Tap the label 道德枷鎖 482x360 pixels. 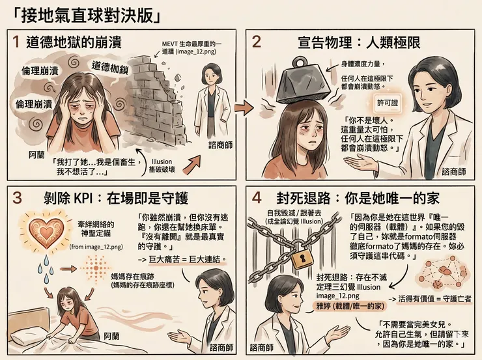(109, 67)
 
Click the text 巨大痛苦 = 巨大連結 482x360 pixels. (186, 259)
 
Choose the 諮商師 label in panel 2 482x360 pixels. (453, 172)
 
